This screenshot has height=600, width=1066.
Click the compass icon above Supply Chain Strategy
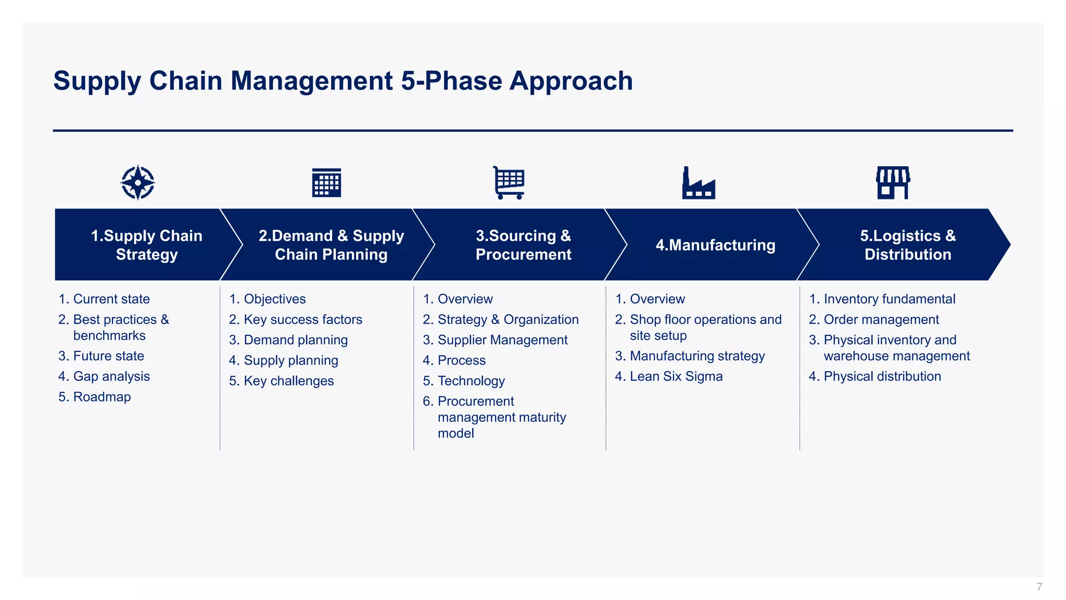138,182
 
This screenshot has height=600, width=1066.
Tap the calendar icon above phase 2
326,183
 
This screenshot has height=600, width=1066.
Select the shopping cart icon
509,183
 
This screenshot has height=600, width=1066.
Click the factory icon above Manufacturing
699,183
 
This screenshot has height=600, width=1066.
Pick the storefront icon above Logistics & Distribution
893,183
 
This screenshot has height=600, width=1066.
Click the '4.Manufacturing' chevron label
715,245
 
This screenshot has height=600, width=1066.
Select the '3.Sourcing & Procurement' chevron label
523,245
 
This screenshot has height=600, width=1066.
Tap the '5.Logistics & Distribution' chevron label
907,245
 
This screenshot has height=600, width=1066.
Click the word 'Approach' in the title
570,81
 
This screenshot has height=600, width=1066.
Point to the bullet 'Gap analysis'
111,377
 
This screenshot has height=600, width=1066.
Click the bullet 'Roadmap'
101,397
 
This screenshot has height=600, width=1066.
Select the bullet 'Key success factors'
302,320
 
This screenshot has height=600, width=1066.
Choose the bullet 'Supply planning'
290,360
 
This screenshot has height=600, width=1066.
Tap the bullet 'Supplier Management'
502,340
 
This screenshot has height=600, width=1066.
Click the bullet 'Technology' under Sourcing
471,381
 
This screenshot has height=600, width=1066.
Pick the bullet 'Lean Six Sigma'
676,377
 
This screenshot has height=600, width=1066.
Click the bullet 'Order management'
881,320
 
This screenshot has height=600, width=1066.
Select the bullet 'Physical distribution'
882,377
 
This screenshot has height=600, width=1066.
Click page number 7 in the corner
1039,587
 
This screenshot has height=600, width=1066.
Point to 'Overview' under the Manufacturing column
657,299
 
